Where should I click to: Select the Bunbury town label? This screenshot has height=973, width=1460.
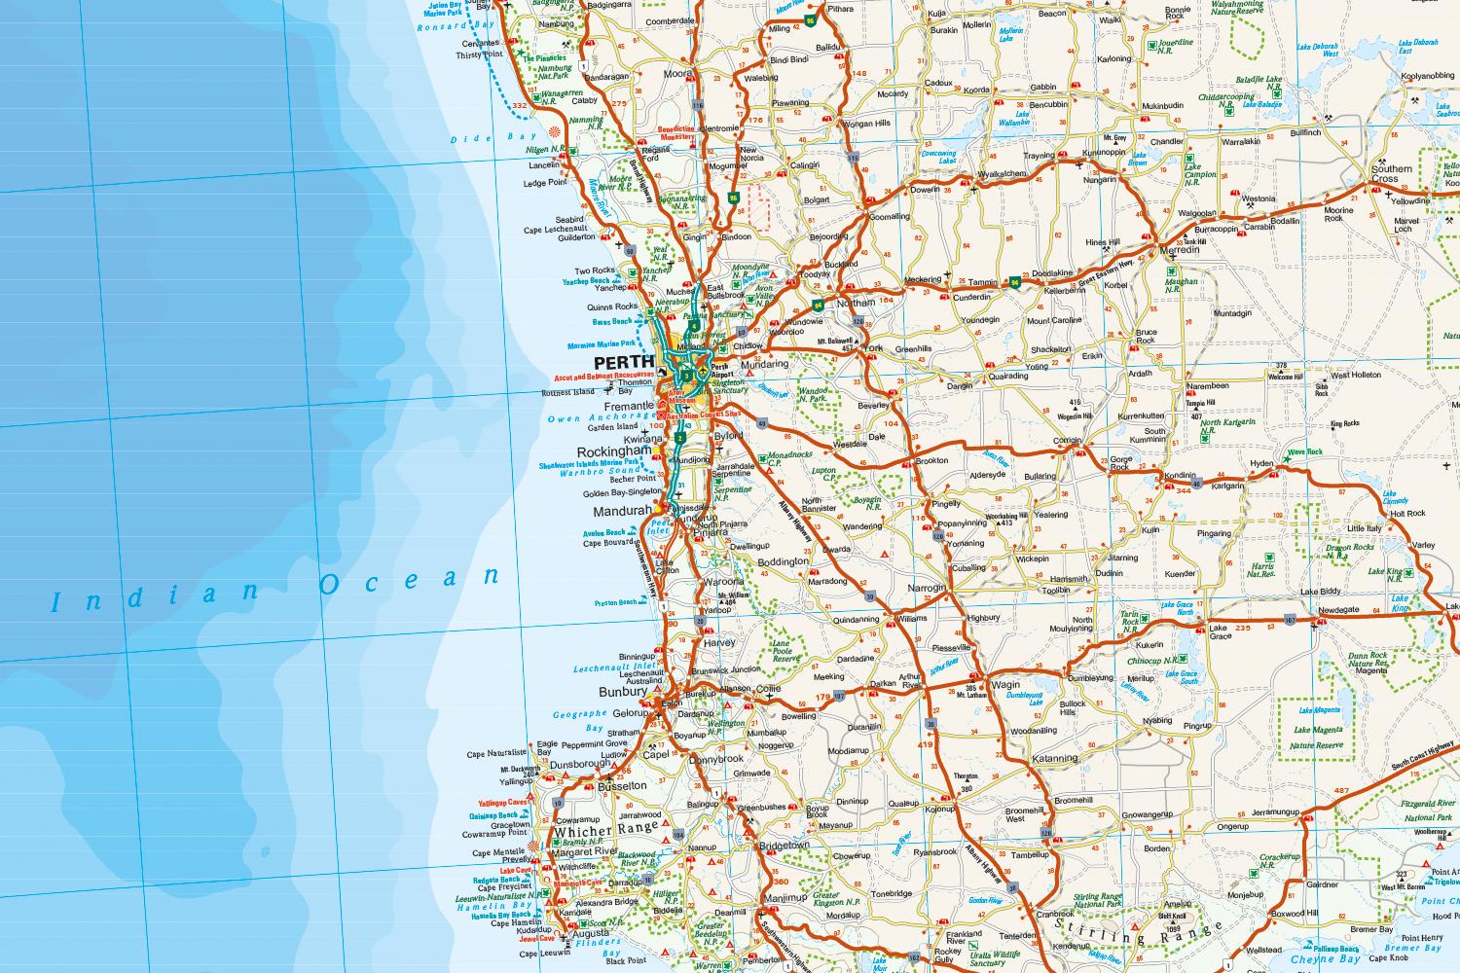(622, 692)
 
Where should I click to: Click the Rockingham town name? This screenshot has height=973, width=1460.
(614, 452)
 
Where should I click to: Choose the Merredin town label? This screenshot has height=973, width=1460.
(1182, 251)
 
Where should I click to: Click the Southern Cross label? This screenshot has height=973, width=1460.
(1391, 174)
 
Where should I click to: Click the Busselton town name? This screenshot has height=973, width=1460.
(623, 784)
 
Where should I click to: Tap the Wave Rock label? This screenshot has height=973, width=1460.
(1306, 452)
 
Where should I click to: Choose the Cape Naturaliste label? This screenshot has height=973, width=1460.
(496, 754)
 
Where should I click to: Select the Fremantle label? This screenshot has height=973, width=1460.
(629, 406)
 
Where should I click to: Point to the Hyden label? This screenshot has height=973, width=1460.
(1261, 464)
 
